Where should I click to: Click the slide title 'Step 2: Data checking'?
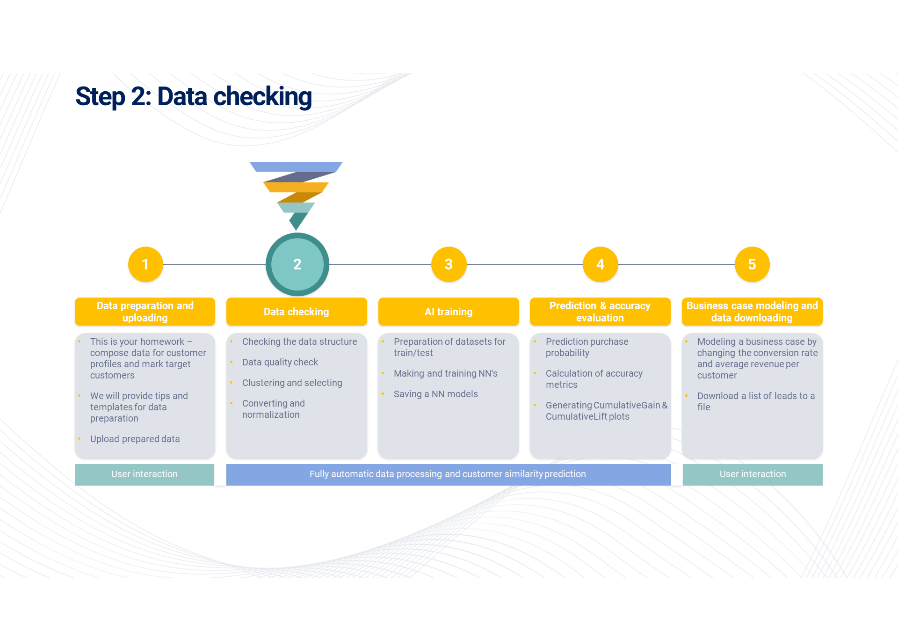193,96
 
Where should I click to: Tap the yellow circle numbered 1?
145,264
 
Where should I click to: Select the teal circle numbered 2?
297,264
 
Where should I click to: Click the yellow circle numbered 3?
449,264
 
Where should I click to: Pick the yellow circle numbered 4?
601,264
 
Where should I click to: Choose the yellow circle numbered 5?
752,264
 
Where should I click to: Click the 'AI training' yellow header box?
449,312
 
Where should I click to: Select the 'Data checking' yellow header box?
297,312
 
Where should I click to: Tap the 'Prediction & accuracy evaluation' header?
600,312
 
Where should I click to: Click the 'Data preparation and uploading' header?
145,312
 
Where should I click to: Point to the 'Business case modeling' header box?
752,312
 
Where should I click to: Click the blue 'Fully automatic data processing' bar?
448,474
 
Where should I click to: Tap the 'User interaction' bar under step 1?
145,474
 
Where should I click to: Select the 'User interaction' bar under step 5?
753,474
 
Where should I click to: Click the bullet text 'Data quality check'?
280,362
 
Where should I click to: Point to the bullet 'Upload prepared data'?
135,439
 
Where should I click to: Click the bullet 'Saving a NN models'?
435,394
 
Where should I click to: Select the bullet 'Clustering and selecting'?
292,383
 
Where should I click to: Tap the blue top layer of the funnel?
296,167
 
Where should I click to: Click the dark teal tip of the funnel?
298,220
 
